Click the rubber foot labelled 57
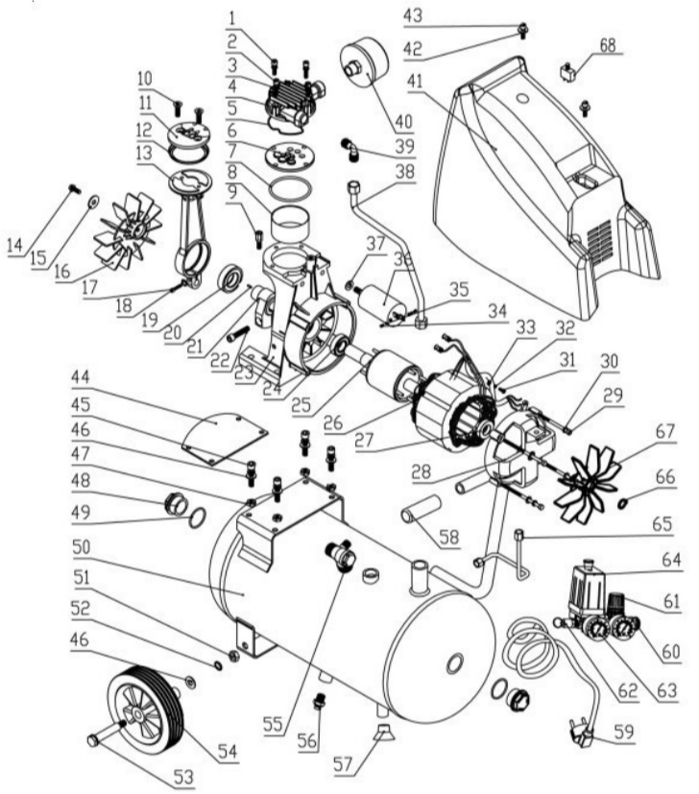tap(383, 735)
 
